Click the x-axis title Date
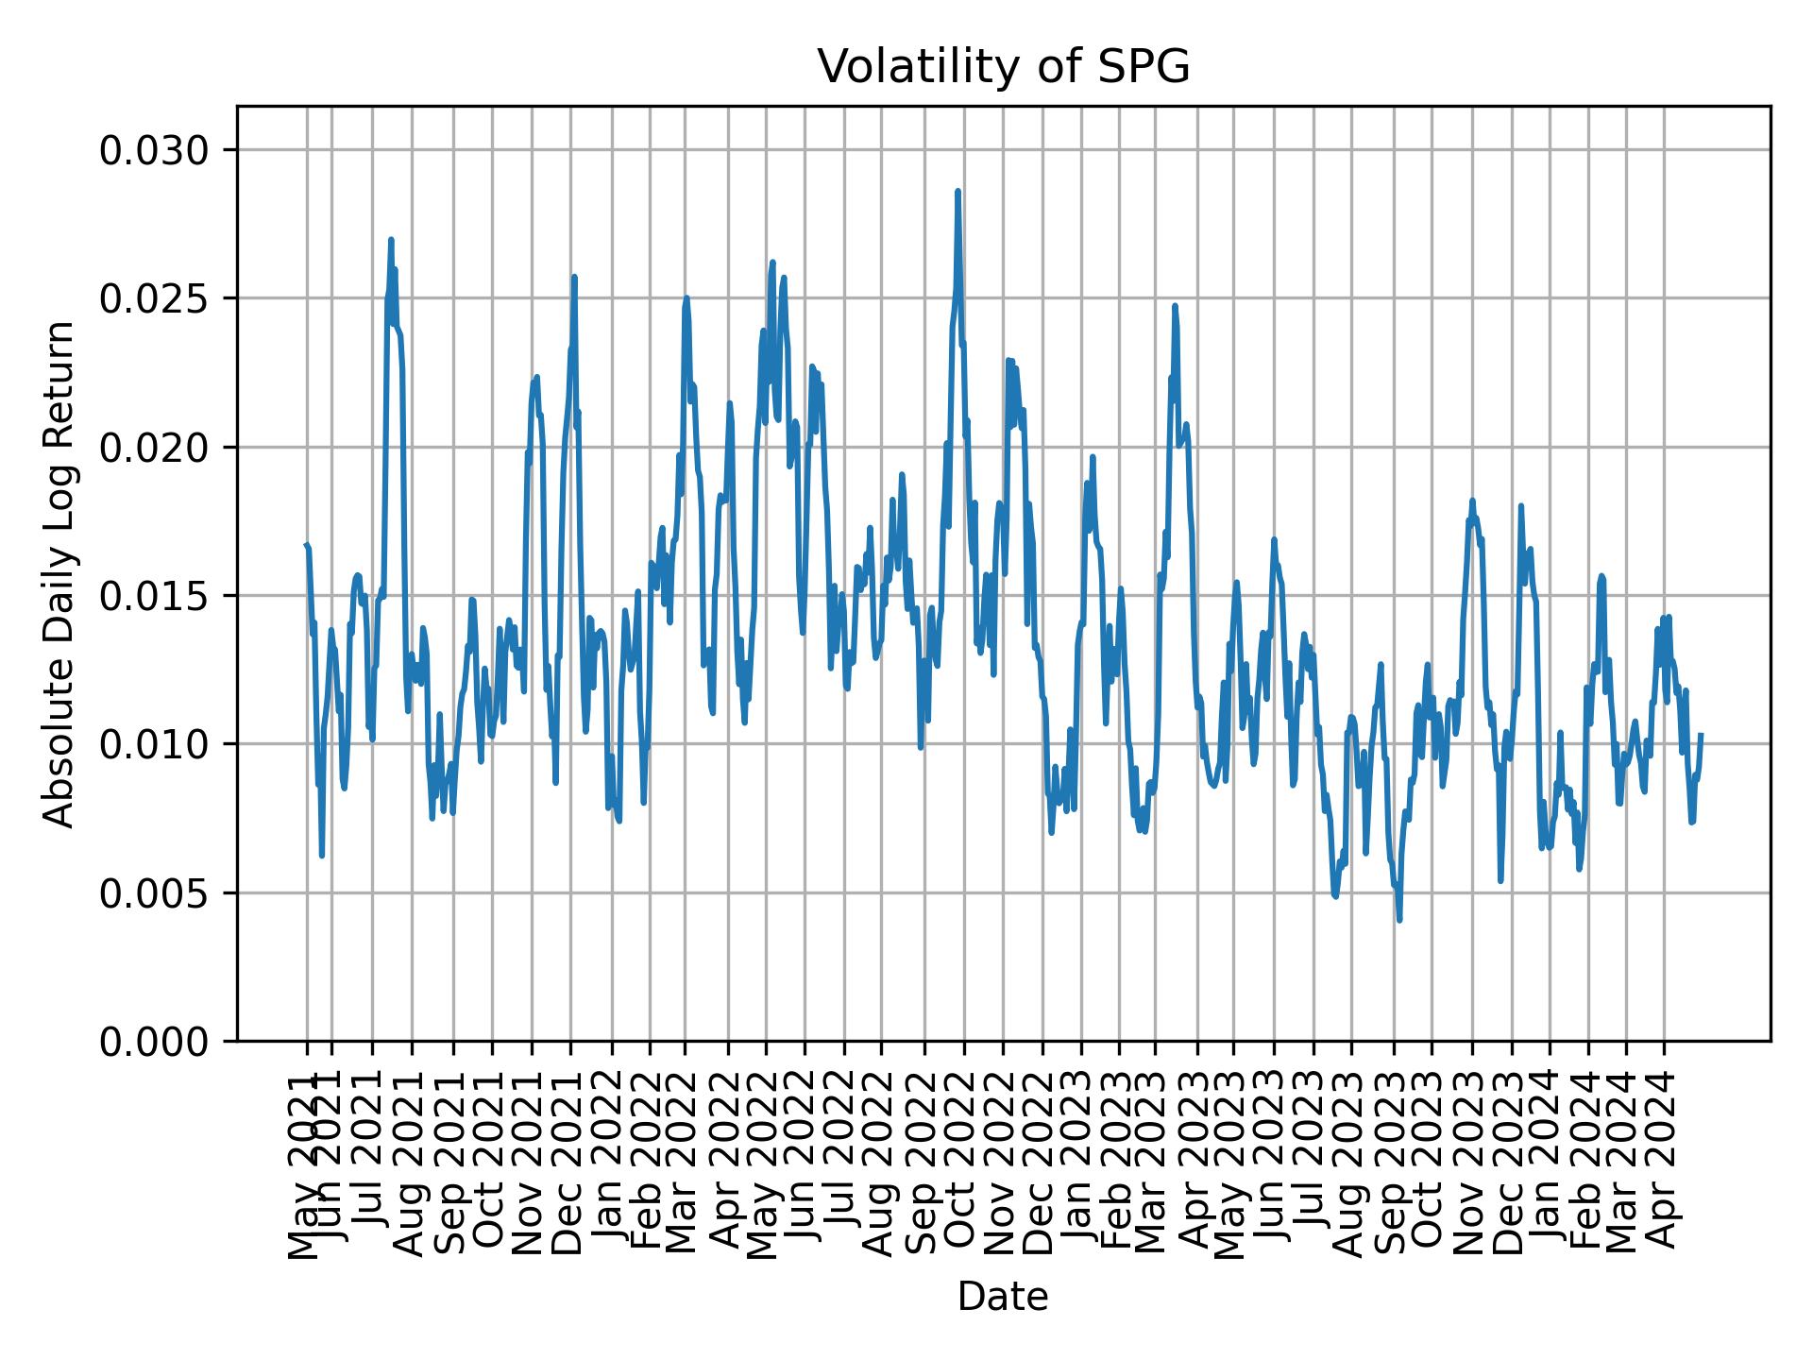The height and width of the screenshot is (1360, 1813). point(1003,1297)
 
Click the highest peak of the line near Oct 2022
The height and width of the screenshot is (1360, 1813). point(957,192)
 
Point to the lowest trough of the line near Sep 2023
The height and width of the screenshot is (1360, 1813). point(1399,920)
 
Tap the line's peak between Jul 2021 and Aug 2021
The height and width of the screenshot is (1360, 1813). point(391,240)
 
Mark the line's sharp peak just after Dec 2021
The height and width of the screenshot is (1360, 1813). point(574,277)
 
